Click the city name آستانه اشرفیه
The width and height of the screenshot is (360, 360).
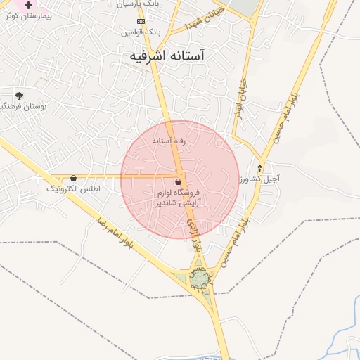click(179, 56)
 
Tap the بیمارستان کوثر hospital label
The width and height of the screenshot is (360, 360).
click(21, 15)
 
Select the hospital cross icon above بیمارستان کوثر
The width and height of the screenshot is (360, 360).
click(28, 5)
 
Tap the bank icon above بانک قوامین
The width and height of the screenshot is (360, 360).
click(141, 21)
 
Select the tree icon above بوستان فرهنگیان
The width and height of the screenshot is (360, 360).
click(19, 95)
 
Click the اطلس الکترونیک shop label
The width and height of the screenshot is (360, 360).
click(73, 189)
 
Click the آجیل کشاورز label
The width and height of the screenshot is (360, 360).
click(259, 179)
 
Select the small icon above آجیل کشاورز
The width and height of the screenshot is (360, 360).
click(260, 168)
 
